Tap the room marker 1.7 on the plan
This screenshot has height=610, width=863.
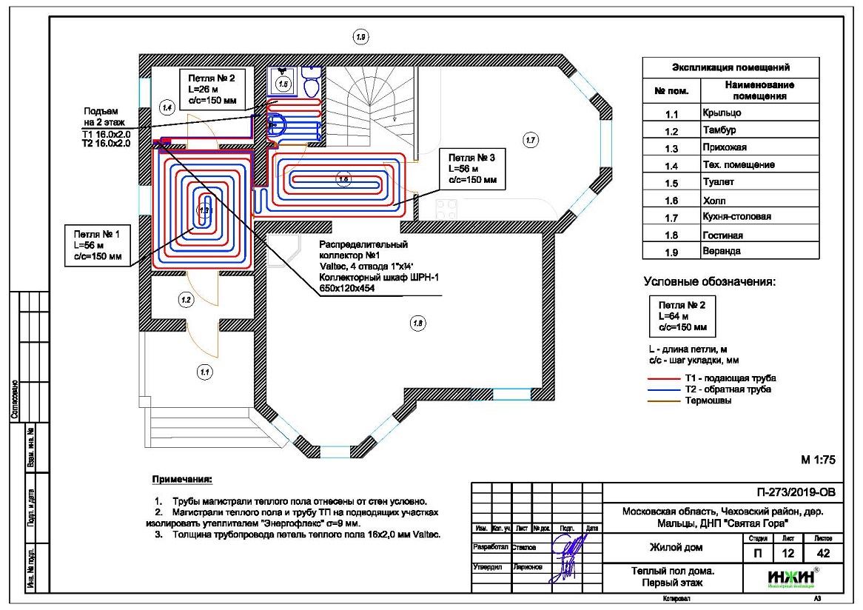point(528,140)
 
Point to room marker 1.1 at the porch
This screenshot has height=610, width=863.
point(205,372)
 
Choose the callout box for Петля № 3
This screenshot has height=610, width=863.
point(471,168)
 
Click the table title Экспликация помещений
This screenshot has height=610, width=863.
point(730,67)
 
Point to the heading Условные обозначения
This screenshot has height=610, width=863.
point(709,281)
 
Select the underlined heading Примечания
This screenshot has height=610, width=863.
point(182,480)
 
